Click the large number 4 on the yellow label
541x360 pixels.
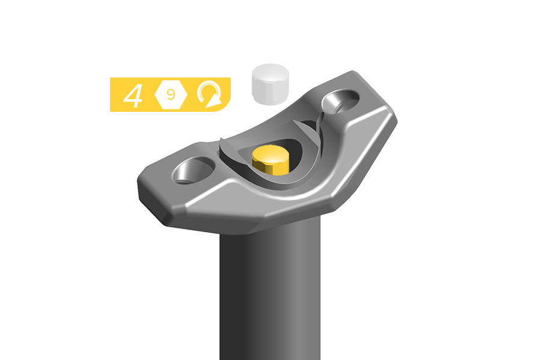[133, 96]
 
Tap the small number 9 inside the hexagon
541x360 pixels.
[171, 94]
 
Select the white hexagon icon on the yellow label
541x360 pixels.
[171, 94]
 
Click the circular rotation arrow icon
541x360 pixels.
[209, 94]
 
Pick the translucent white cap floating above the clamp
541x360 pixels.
[270, 84]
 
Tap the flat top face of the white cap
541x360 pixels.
[270, 72]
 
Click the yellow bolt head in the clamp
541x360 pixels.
[270, 160]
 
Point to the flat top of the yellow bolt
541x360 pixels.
[270, 154]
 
